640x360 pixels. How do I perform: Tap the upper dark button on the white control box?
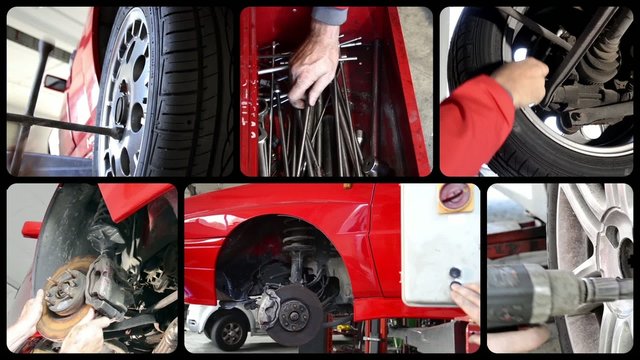tap(455, 272)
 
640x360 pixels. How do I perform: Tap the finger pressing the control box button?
tap(462, 296)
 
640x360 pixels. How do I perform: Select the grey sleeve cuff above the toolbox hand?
tap(329, 15)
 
